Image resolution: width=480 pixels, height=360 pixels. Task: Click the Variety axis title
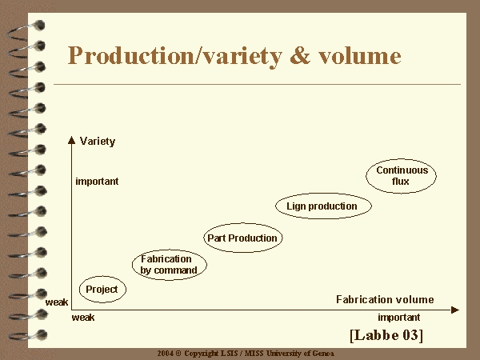point(98,142)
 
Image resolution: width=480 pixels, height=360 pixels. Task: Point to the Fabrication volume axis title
point(385,299)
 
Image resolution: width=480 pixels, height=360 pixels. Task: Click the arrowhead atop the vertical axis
point(72,140)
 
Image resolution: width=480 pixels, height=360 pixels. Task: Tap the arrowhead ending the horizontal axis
point(455,310)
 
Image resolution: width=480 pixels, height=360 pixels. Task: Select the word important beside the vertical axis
point(97,182)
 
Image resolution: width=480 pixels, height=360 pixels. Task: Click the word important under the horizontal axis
point(399,317)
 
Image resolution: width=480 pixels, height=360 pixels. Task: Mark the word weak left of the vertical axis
point(57,302)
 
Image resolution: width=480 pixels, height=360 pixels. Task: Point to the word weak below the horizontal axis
point(83,318)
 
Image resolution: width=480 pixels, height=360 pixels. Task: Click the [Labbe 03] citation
point(386,335)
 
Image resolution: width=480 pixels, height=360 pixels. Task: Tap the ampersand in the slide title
point(300,55)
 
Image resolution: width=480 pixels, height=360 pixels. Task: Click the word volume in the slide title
point(360,55)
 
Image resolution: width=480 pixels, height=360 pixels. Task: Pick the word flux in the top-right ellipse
point(401,182)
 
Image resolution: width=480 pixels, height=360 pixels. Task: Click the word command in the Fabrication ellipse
point(175,270)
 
